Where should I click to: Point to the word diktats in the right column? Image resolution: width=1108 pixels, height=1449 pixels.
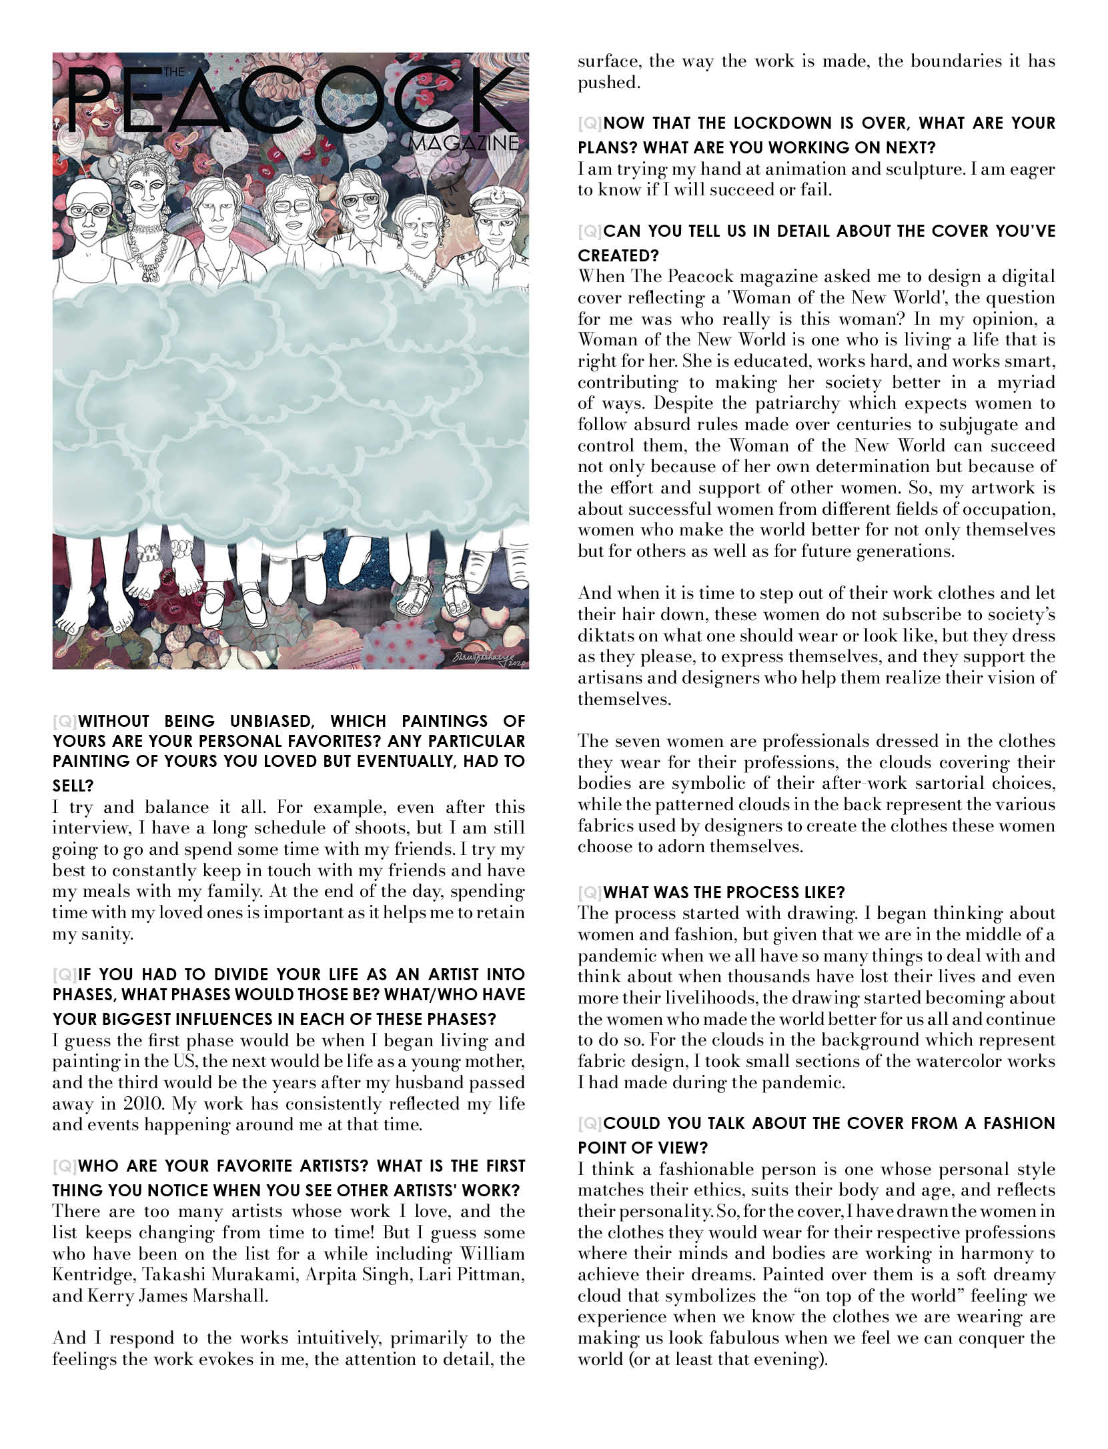(604, 635)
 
